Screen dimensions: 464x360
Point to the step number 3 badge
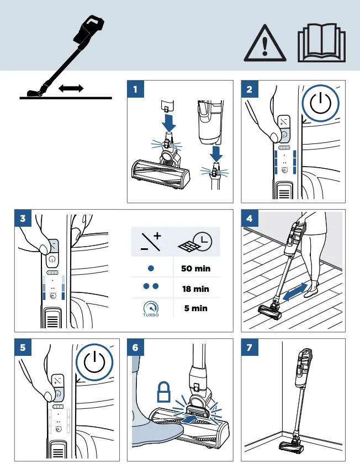[22, 218]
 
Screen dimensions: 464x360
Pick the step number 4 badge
[250, 218]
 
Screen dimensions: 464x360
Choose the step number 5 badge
[22, 347]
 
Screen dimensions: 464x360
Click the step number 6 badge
[135, 347]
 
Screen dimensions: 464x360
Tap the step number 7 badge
[250, 347]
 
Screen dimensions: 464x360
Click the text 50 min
[196, 269]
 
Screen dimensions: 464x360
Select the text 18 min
[196, 289]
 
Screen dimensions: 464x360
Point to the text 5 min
[196, 308]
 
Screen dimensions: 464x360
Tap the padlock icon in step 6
[164, 393]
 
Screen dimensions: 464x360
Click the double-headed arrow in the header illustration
[70, 88]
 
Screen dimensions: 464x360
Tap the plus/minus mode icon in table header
[152, 242]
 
